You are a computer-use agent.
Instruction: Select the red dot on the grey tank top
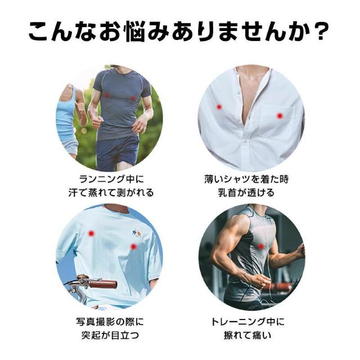260,246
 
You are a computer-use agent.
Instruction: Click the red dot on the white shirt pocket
280,116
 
